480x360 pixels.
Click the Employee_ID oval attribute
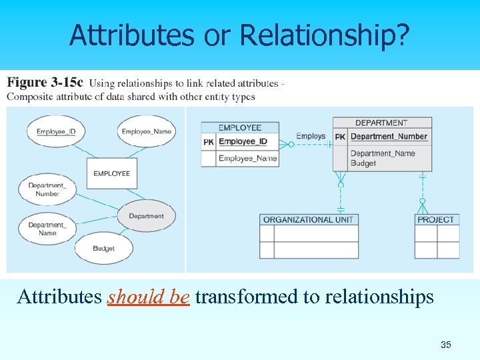pos(56,131)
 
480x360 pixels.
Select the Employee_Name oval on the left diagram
pos(146,131)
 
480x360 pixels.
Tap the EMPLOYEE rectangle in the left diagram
pos(111,173)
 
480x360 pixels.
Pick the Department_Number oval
pos(47,189)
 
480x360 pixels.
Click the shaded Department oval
pos(146,216)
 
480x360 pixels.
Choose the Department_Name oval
pos(47,229)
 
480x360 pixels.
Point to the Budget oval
pos(103,248)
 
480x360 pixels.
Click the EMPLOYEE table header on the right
pos(240,127)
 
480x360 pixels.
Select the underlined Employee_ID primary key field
pos(243,141)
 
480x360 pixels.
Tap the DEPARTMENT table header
pos(381,123)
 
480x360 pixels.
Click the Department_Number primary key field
pos(389,137)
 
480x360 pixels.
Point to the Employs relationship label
pos(311,137)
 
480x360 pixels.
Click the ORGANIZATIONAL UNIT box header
pos(309,219)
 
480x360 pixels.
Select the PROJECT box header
pos(436,219)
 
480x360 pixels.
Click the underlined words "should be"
pos(149,297)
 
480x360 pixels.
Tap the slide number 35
pos(446,345)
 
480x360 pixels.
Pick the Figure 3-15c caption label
pos(45,83)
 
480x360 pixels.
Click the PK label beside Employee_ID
pos(208,141)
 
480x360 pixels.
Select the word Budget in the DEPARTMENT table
pos(363,163)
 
